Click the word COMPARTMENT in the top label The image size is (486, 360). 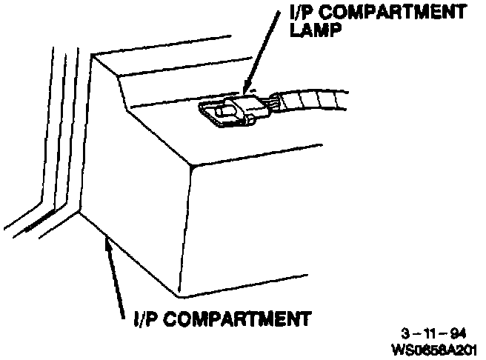386,13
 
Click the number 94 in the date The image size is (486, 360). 459,333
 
